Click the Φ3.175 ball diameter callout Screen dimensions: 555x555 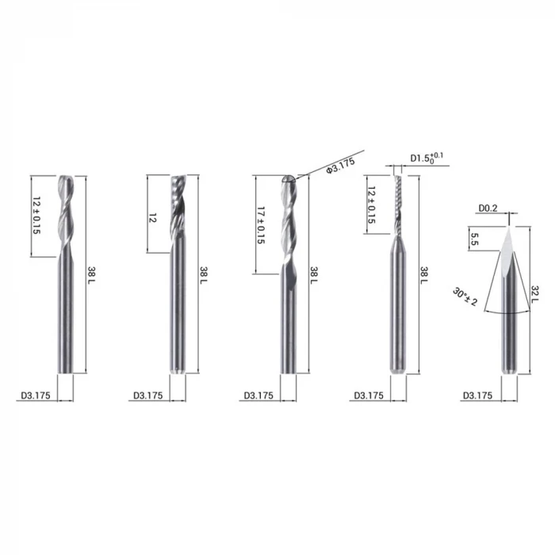(339, 165)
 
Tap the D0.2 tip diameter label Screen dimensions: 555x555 (488, 209)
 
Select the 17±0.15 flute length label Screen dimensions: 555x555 (260, 224)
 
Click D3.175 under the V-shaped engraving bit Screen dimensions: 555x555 (477, 395)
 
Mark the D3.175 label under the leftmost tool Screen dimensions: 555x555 (33, 395)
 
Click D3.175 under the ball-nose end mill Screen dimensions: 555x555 (258, 395)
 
